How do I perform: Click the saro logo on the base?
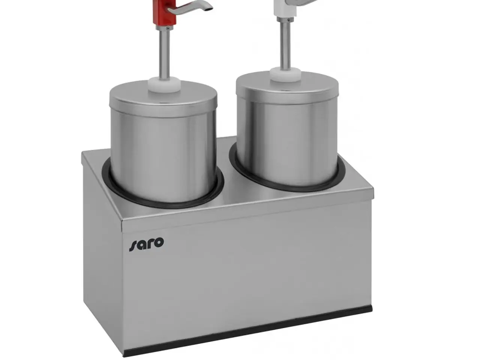(x=147, y=244)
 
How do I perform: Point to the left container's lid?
(x=163, y=99)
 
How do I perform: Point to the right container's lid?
(x=287, y=88)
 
